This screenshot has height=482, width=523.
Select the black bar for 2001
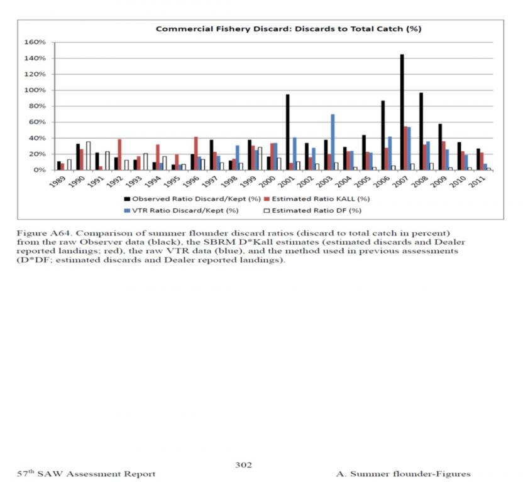click(x=287, y=132)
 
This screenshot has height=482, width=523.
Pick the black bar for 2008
click(x=421, y=131)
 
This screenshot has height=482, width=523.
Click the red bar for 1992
click(x=119, y=154)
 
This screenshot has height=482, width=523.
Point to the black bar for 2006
click(x=383, y=135)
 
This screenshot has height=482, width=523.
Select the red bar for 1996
click(x=195, y=153)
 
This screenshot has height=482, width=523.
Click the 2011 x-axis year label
click(x=481, y=181)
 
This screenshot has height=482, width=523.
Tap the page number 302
click(x=243, y=464)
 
